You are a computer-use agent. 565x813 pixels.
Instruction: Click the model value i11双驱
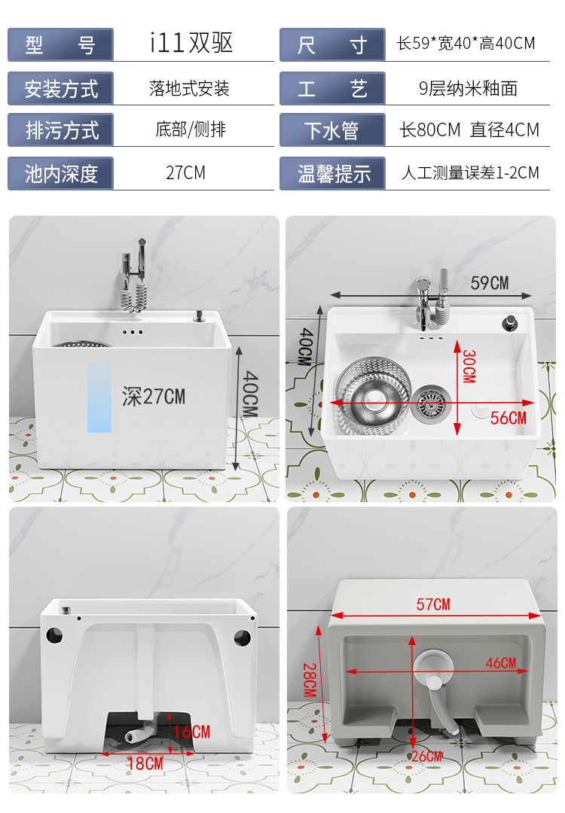coord(191,42)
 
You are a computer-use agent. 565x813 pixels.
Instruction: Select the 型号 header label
coord(61,45)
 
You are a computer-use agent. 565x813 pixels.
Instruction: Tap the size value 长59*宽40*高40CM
coord(466,43)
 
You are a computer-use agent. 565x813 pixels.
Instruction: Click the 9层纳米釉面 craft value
coord(468,88)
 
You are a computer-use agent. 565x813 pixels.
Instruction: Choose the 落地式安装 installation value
coord(189,88)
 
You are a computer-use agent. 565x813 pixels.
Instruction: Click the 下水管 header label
coord(332,130)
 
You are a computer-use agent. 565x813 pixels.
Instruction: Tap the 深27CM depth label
coord(154,397)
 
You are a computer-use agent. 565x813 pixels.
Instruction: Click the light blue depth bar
coord(99,397)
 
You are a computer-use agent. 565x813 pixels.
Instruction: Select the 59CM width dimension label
coord(490,283)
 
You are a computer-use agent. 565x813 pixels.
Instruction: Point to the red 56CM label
coord(508,418)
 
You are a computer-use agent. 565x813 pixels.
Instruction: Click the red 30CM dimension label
coord(469,366)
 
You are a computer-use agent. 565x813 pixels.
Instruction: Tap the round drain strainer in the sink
coord(430,404)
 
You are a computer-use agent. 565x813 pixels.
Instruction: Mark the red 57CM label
coord(433,604)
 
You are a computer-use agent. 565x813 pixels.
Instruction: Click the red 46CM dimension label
coord(501,662)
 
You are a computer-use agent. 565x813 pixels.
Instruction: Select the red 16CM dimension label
coord(193,732)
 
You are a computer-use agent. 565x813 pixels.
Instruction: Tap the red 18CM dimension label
coord(145,763)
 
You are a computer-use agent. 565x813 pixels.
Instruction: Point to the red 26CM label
coord(427,757)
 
